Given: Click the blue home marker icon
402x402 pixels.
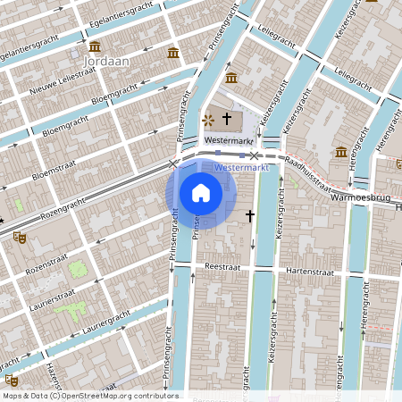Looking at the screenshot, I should coord(201,192).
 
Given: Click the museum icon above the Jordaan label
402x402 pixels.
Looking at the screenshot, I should coord(95,46).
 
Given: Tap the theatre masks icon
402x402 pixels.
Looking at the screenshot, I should coord(20,238).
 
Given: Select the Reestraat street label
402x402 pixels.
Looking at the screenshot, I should coord(224,266).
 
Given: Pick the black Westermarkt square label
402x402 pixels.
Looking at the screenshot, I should coord(230,141).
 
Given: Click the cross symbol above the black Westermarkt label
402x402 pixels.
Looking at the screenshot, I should coord(227,118).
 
